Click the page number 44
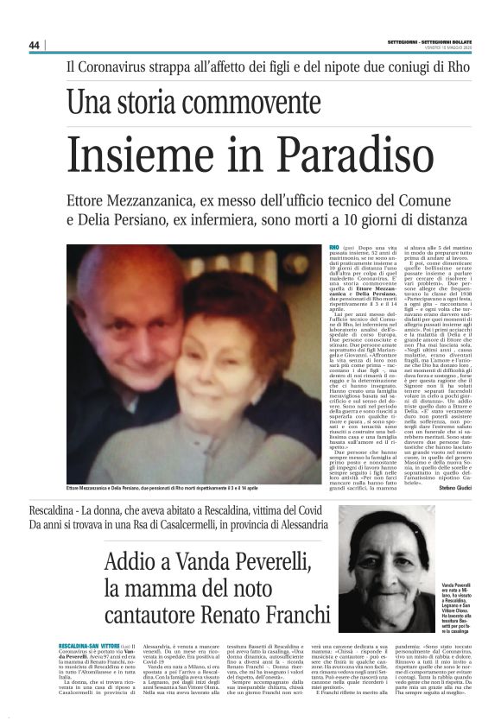(35, 45)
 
